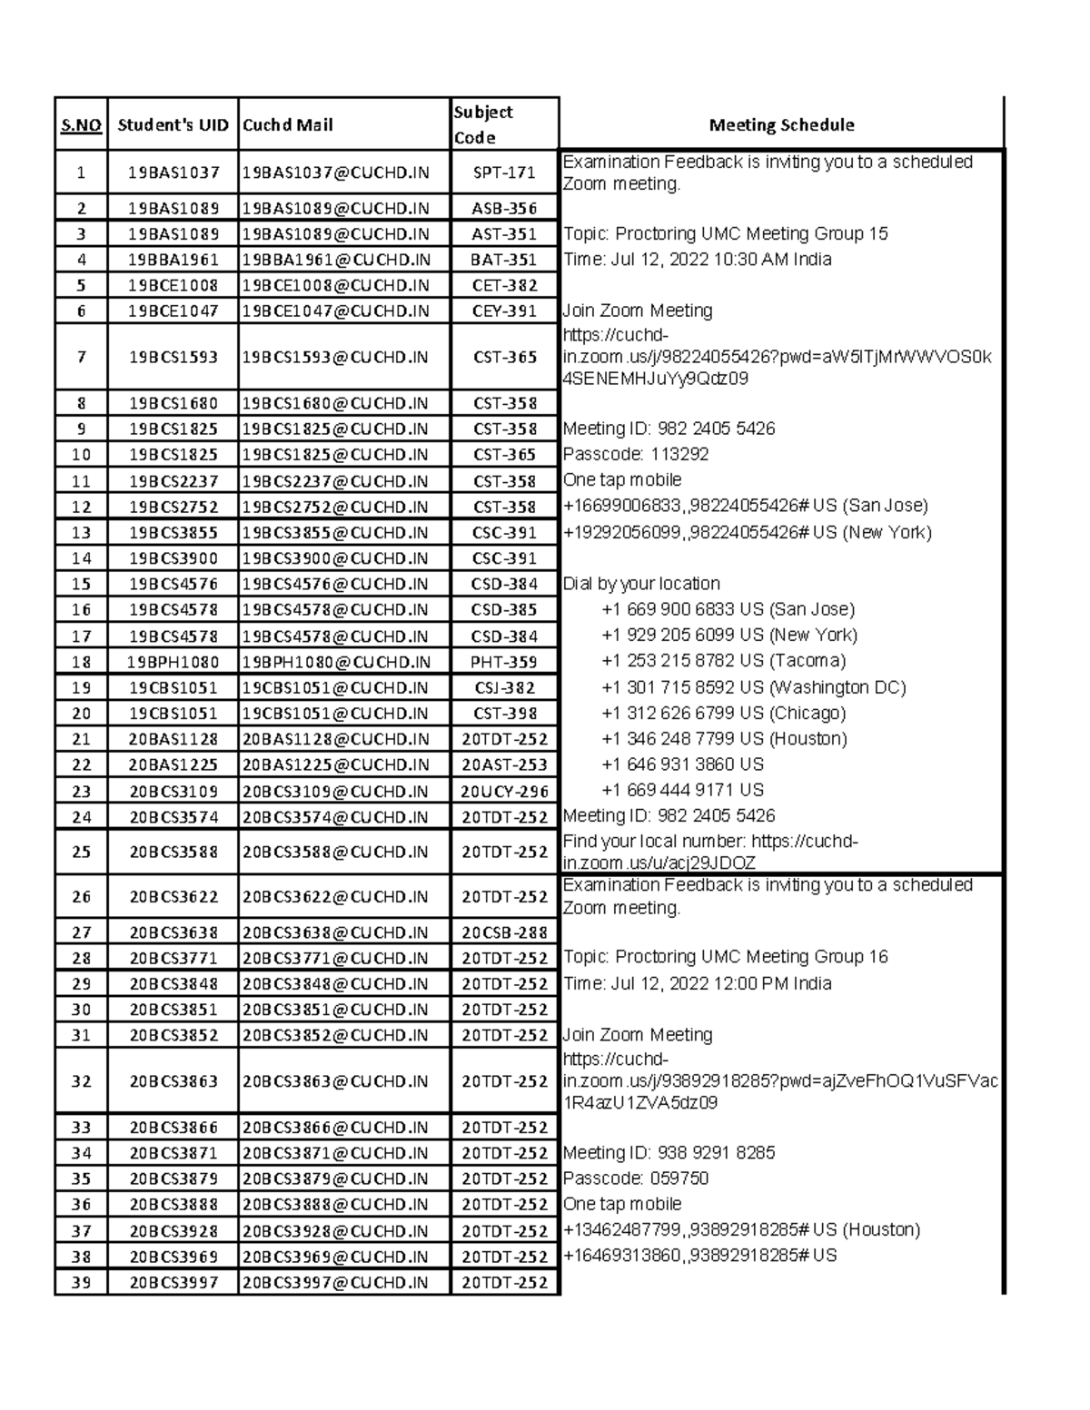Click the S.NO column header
[x=81, y=125]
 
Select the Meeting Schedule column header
[x=781, y=125]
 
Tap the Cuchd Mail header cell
[x=288, y=125]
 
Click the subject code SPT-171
[x=504, y=173]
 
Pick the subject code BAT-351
[x=504, y=260]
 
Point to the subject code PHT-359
[x=504, y=662]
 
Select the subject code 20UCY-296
[x=504, y=791]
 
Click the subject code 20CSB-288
[x=504, y=932]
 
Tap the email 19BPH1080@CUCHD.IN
[x=336, y=662]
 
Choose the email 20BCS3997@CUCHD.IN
[x=335, y=1282]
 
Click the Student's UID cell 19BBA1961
[x=173, y=260]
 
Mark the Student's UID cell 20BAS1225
[x=173, y=764]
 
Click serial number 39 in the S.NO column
[x=82, y=1282]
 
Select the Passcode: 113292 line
[x=636, y=454]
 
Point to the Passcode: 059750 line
[x=636, y=1178]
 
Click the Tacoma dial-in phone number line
[x=723, y=660]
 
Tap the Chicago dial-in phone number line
[x=723, y=713]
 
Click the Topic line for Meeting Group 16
[x=726, y=957]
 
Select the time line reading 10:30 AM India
[x=698, y=260]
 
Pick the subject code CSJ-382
[x=504, y=687]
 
